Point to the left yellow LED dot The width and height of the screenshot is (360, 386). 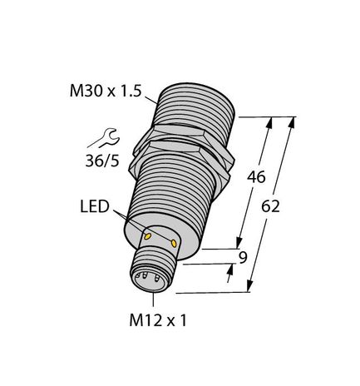click(149, 237)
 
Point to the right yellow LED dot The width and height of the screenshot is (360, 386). click(175, 243)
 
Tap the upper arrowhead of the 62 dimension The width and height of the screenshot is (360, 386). click(292, 123)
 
